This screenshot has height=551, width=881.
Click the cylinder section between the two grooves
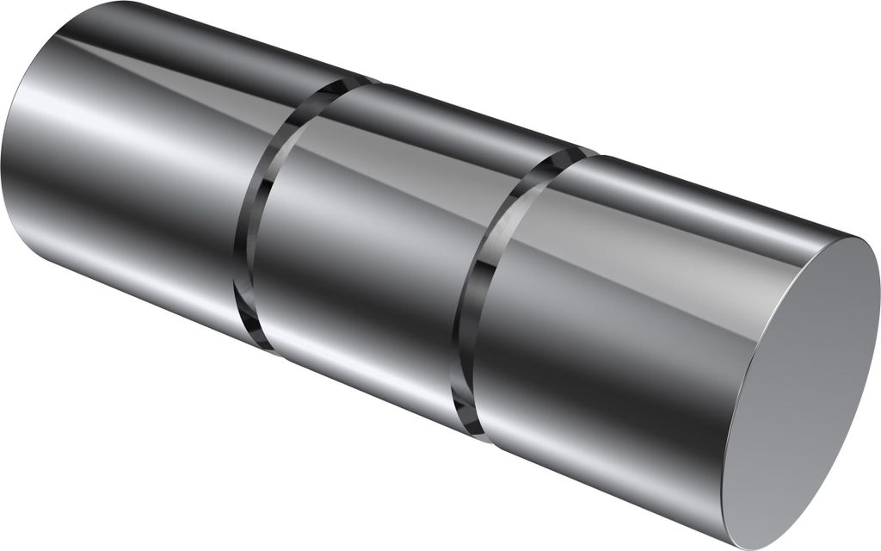click(379, 250)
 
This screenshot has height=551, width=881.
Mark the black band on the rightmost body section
click(602, 370)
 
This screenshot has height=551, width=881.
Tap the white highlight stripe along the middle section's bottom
click(361, 362)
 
